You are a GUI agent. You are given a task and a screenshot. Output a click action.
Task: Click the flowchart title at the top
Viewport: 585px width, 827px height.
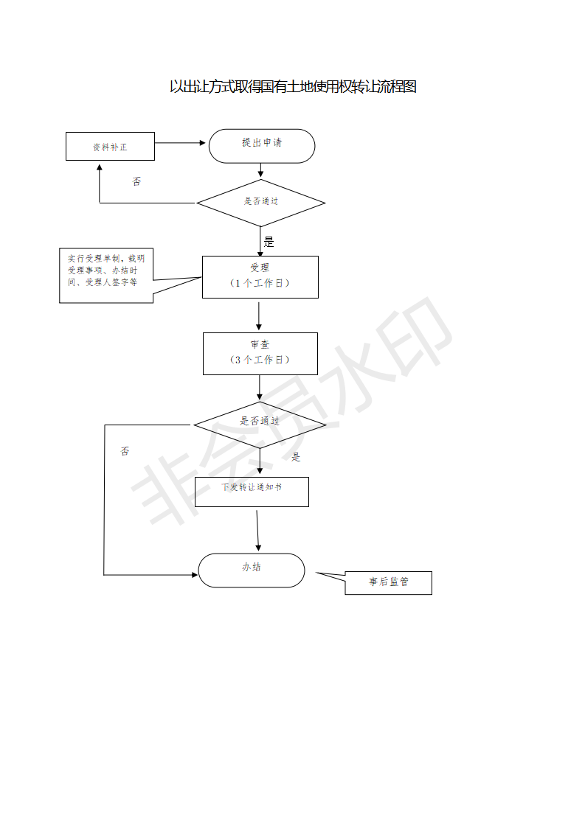tap(293, 86)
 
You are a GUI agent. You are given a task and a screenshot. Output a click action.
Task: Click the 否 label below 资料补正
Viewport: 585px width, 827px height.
tap(136, 181)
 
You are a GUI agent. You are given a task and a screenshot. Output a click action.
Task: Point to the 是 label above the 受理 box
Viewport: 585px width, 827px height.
tap(269, 242)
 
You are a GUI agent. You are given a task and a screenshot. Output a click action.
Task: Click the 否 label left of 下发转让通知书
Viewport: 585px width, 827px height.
tap(125, 451)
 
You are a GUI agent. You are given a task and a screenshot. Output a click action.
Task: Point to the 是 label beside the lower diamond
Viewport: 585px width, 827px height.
tap(297, 457)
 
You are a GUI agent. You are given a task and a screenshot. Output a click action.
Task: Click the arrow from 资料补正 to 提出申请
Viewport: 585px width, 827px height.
tap(180, 143)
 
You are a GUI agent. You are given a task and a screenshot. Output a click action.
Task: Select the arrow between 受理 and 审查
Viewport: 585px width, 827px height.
tap(259, 316)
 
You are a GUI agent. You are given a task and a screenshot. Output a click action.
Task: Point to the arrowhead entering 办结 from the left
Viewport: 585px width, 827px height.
tap(195, 575)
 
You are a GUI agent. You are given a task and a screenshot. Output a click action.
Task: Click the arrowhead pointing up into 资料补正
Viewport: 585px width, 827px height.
tap(100, 168)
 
